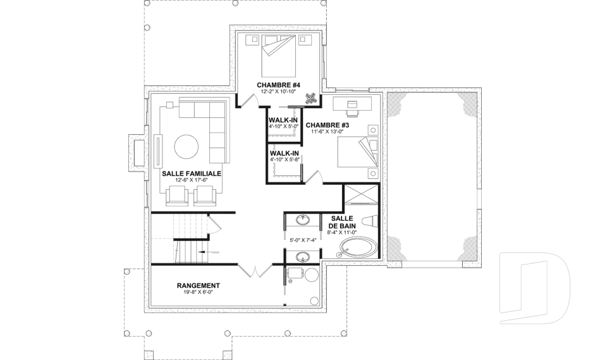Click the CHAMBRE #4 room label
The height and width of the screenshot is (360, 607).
[x=278, y=85]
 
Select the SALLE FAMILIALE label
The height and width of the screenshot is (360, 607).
[x=191, y=173]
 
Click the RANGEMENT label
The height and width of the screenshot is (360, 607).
[x=198, y=285]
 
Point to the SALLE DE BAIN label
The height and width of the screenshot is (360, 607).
[x=341, y=221]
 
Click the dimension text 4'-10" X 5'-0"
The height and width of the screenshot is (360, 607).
[x=283, y=126]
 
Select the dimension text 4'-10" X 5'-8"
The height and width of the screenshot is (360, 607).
[x=283, y=159]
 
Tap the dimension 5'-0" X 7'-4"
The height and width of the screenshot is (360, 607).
[x=302, y=240]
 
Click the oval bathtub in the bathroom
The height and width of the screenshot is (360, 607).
[x=357, y=248]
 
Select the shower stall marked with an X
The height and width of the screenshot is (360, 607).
[x=360, y=196]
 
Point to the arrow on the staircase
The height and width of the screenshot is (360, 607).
[x=200, y=252]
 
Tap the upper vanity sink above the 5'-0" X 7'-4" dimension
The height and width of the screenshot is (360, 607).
[x=303, y=220]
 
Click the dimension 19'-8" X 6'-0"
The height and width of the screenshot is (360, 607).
[x=198, y=293]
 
